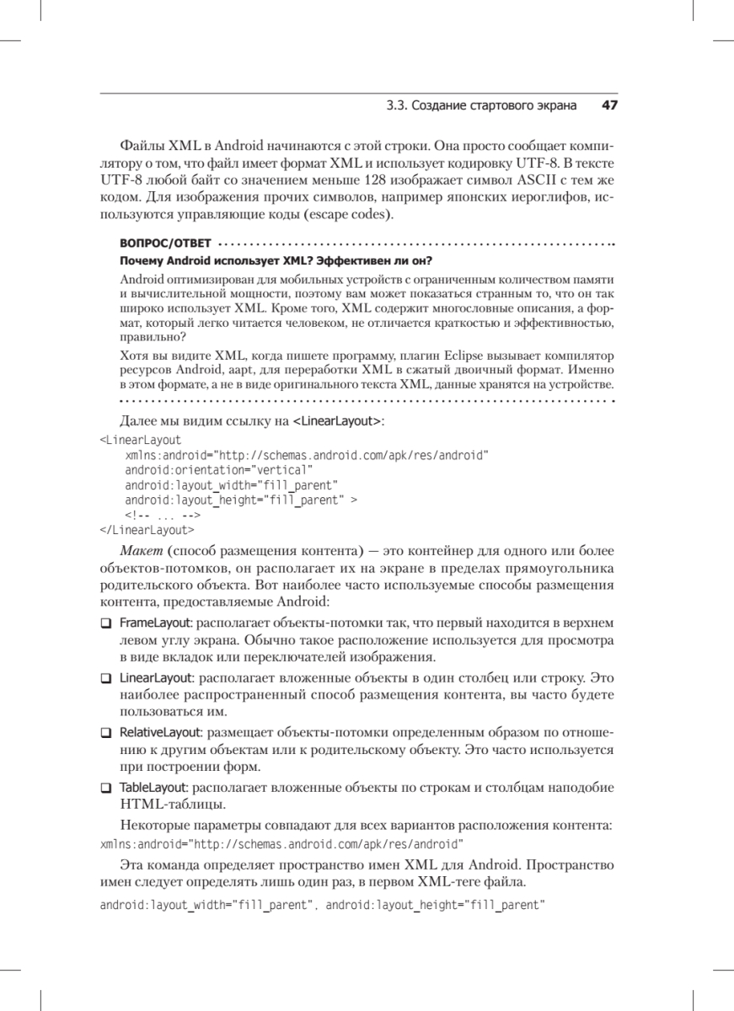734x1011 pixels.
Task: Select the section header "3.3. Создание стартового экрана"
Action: coord(481,106)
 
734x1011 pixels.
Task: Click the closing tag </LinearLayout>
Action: coord(147,531)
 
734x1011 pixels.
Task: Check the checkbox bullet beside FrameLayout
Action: coord(105,623)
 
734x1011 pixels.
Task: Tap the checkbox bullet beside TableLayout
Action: coord(105,789)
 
